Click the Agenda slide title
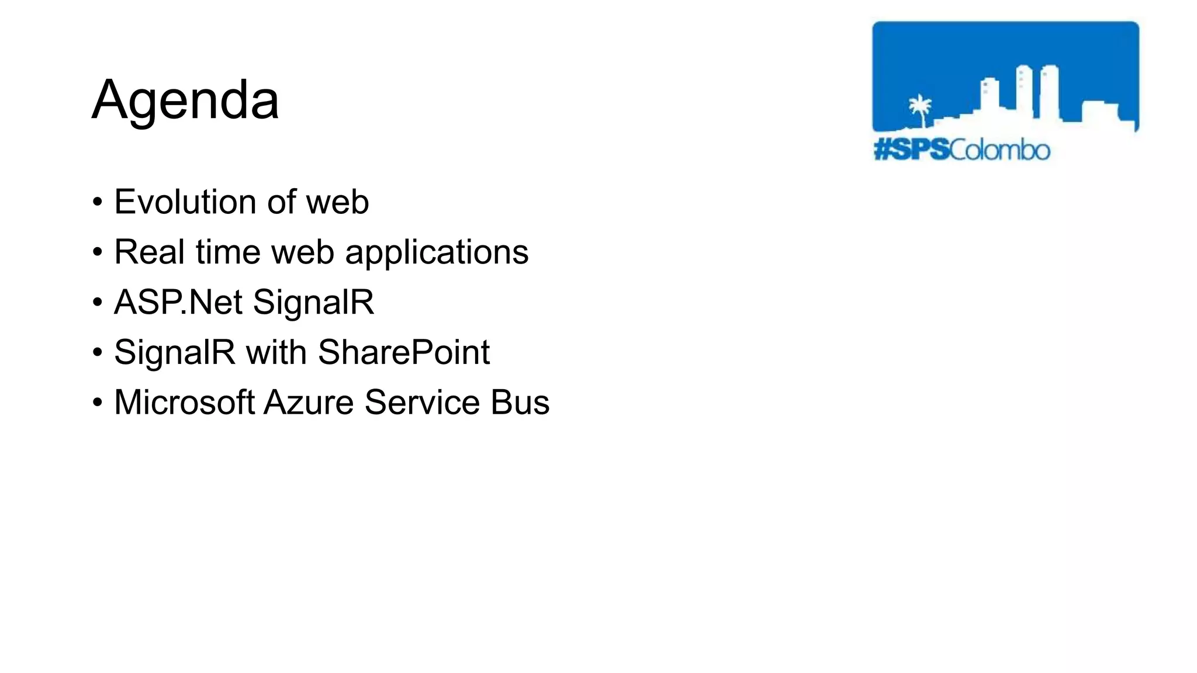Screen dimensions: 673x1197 (x=185, y=100)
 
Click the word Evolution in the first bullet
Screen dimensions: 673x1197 (x=185, y=202)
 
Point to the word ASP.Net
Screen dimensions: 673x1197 (x=178, y=303)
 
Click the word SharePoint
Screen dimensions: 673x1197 (x=403, y=353)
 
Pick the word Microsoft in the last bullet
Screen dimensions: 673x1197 (x=184, y=403)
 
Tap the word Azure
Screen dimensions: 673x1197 (x=309, y=403)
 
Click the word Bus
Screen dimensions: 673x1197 (x=520, y=403)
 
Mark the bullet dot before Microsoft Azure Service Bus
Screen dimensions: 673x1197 (x=98, y=404)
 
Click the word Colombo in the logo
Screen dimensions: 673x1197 (x=999, y=150)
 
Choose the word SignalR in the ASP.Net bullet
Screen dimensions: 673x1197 (x=313, y=303)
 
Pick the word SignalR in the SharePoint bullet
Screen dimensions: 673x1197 (x=174, y=353)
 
